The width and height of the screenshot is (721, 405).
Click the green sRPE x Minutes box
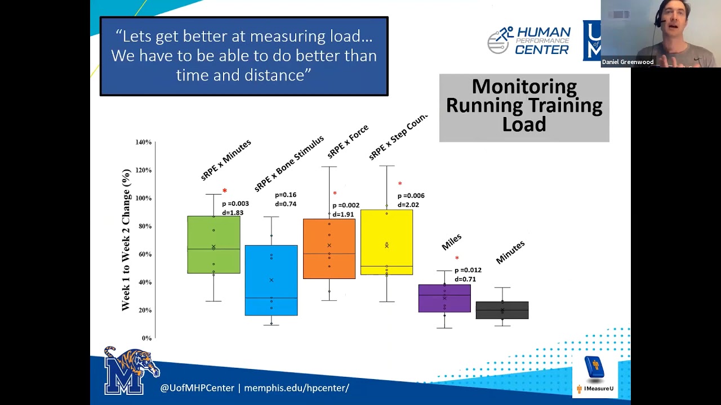(x=213, y=245)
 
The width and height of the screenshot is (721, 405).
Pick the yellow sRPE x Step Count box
(x=386, y=242)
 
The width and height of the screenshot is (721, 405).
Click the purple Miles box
(x=444, y=298)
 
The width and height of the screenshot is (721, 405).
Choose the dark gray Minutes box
(x=502, y=310)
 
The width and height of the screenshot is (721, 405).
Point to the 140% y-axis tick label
(x=144, y=142)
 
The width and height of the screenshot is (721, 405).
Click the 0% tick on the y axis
(x=146, y=338)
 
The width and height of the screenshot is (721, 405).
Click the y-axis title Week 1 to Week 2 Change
(x=126, y=240)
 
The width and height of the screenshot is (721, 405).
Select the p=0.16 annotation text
(x=286, y=195)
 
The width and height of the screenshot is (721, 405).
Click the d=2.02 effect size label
(x=408, y=205)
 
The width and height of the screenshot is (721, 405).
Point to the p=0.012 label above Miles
(x=468, y=270)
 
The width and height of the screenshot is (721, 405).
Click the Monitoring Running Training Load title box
(x=524, y=107)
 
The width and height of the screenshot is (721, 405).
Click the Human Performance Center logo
(x=529, y=40)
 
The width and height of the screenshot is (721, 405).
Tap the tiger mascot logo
(x=132, y=370)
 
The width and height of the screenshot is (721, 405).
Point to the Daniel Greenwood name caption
(x=627, y=62)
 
